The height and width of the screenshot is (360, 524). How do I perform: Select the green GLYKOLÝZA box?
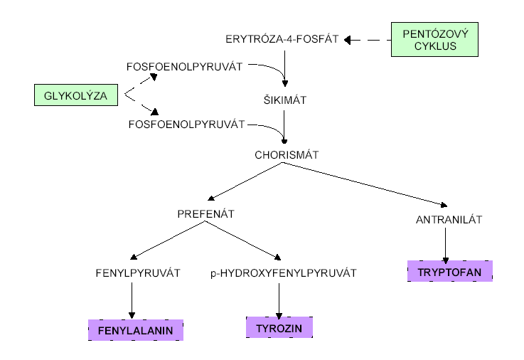pyautogui.click(x=76, y=95)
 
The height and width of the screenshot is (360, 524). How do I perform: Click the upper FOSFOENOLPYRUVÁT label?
pyautogui.click(x=185, y=67)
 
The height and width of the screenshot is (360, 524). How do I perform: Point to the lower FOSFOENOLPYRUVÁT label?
pyautogui.click(x=187, y=124)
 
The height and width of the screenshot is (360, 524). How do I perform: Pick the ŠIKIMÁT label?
pyautogui.click(x=284, y=100)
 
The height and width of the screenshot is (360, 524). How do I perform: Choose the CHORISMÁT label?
pyautogui.click(x=287, y=154)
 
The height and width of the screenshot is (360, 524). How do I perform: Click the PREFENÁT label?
pyautogui.click(x=206, y=213)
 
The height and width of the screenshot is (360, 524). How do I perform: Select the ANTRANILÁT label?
pyautogui.click(x=449, y=219)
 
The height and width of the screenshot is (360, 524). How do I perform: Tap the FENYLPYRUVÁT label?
pyautogui.click(x=137, y=272)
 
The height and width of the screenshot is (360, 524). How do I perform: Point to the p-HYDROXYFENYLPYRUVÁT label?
pyautogui.click(x=283, y=272)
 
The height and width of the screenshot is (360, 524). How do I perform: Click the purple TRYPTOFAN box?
pyautogui.click(x=450, y=271)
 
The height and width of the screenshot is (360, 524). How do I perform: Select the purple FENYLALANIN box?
pyautogui.click(x=135, y=330)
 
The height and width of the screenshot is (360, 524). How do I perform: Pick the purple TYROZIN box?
pyautogui.click(x=279, y=327)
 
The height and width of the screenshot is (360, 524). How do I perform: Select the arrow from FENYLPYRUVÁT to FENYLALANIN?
pyautogui.click(x=132, y=299)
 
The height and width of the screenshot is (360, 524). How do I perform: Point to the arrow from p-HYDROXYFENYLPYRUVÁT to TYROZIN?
pyautogui.click(x=279, y=299)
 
